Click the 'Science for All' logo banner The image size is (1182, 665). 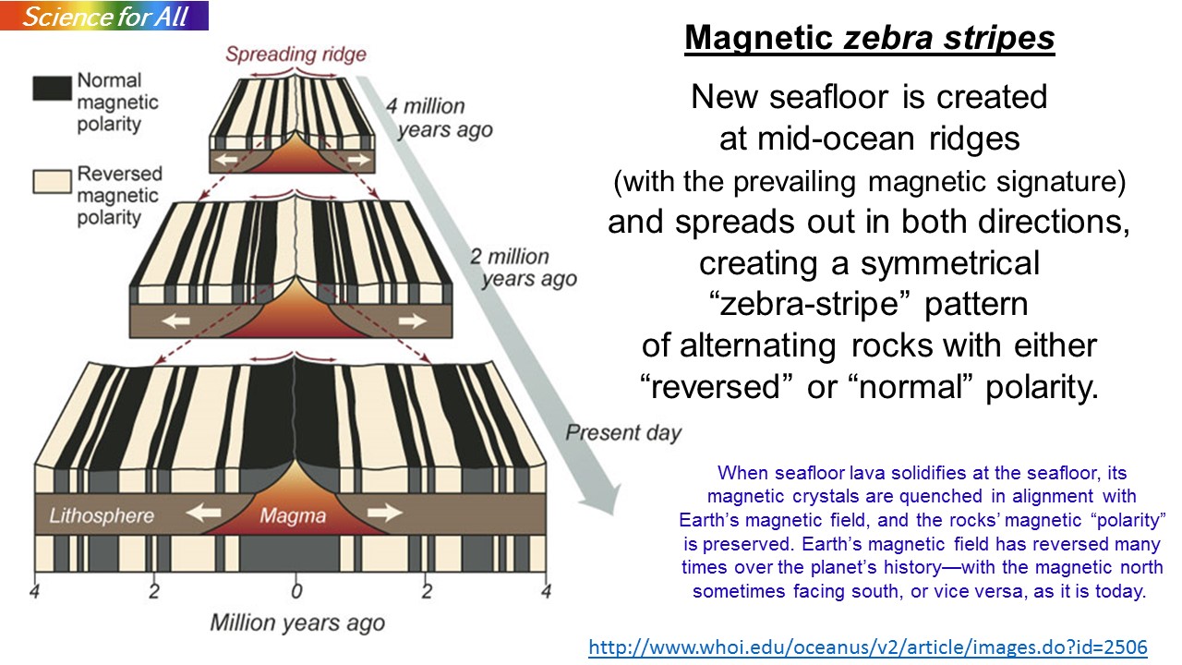(x=104, y=16)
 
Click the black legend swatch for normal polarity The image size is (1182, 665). (x=52, y=88)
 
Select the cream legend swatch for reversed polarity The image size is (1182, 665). (x=52, y=182)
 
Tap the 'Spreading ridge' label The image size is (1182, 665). (x=295, y=54)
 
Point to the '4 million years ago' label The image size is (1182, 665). (x=439, y=117)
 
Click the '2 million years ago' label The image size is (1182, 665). (x=524, y=268)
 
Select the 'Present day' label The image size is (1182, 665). (x=623, y=433)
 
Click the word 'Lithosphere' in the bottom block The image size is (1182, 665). (x=102, y=515)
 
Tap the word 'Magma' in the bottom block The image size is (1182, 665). (x=293, y=515)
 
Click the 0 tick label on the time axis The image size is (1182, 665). (x=296, y=591)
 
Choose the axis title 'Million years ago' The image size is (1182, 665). (x=297, y=623)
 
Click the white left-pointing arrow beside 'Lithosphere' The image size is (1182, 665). (x=204, y=512)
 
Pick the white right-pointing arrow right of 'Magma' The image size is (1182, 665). (x=385, y=512)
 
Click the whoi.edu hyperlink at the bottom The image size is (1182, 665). (x=868, y=647)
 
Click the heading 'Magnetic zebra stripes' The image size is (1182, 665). (x=870, y=38)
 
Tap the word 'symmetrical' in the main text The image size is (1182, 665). (x=950, y=263)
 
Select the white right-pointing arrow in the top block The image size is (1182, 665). (x=359, y=159)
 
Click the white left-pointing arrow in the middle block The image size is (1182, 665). (x=176, y=320)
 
